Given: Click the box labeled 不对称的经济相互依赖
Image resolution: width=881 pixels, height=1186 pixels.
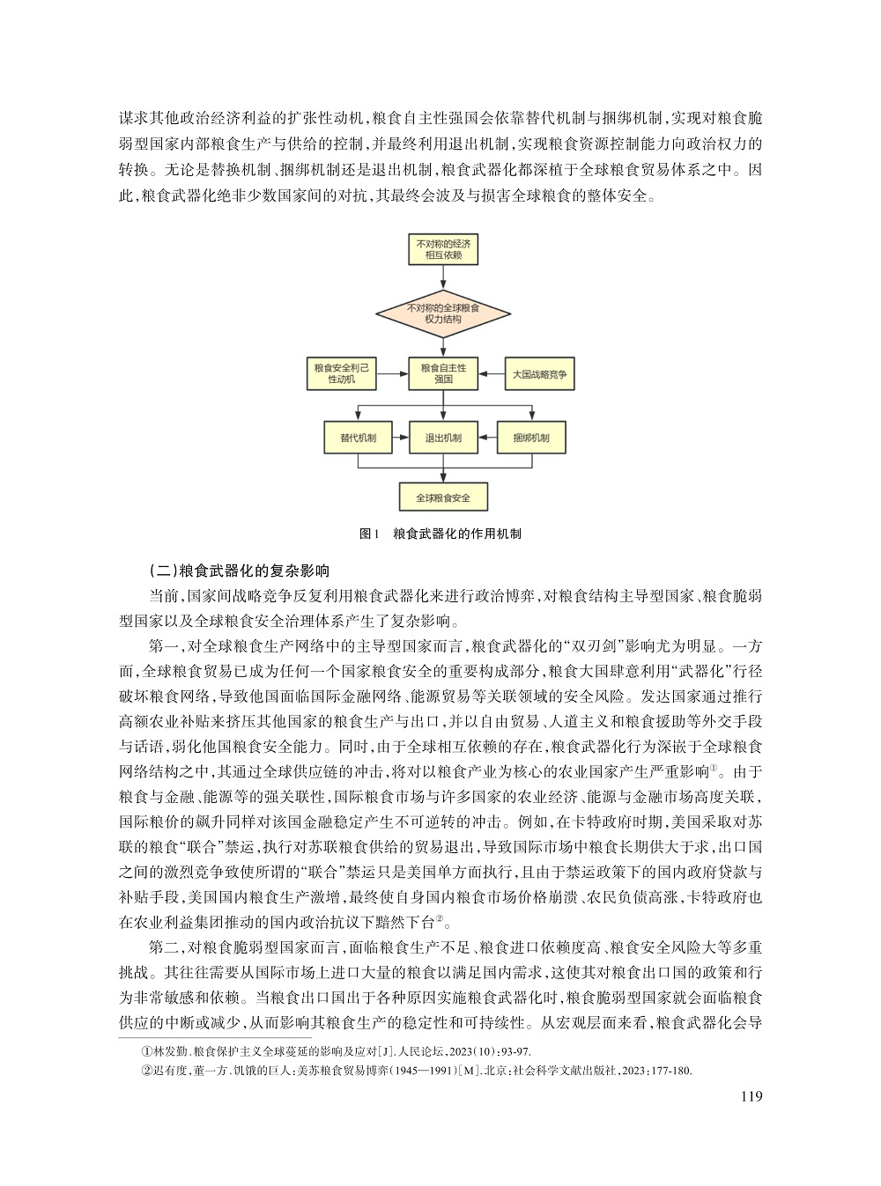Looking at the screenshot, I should coord(443,249).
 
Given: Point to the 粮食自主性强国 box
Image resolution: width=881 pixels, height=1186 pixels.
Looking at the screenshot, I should coord(443,374).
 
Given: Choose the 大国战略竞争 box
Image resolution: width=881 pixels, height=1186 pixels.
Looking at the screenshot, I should coord(539,374).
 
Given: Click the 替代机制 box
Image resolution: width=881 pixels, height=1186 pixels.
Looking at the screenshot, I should coord(359,438).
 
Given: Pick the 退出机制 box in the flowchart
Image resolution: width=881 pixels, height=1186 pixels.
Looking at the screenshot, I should coord(443,438).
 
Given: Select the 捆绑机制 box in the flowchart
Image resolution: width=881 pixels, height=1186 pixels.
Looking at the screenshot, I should coord(530,438).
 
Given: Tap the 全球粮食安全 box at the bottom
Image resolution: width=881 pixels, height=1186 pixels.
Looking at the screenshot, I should coord(443,497).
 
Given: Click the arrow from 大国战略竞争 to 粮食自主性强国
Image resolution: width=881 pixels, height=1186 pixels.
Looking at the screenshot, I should coord(490,374).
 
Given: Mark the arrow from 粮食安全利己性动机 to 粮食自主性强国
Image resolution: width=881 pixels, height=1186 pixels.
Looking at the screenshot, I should coord(394,374).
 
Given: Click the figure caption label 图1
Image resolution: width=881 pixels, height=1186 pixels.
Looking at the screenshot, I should coord(370,534).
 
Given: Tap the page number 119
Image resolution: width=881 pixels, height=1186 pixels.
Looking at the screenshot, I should coord(751,1097).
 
